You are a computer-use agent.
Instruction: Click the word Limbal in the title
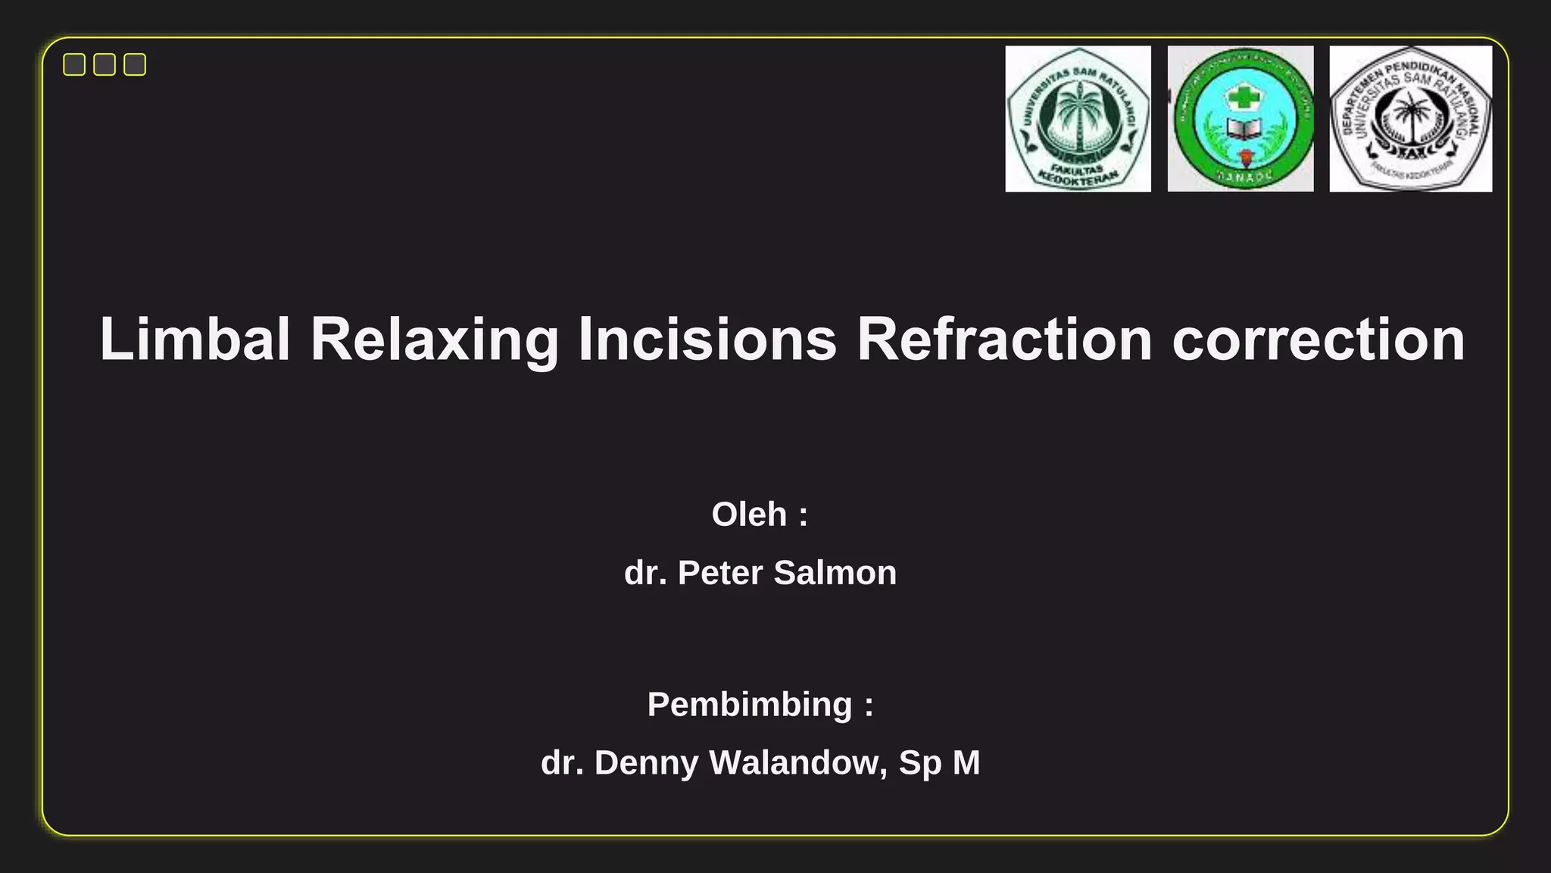(x=195, y=339)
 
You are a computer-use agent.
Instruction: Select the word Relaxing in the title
(x=434, y=339)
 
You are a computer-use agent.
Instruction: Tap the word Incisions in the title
(x=707, y=339)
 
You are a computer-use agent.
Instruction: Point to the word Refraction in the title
(x=1004, y=339)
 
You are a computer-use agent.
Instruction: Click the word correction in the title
(x=1319, y=339)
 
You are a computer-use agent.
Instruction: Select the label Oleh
(x=749, y=515)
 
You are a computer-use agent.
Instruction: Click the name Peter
(x=719, y=573)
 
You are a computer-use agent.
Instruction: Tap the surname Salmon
(x=835, y=573)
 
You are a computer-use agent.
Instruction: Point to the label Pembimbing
(x=750, y=705)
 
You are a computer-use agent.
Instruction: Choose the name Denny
(x=646, y=763)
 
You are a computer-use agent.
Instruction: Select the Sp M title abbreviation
(x=939, y=763)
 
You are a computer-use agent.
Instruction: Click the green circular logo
(x=1240, y=119)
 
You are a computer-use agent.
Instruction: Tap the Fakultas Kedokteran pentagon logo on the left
(x=1078, y=119)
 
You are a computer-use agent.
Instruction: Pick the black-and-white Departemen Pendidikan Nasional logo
(x=1410, y=119)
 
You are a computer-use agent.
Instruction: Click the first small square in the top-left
(x=74, y=64)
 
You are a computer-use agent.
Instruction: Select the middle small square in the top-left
(x=105, y=64)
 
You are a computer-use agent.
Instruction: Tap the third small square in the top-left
(x=135, y=64)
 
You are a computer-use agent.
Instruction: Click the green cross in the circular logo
(x=1240, y=96)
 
